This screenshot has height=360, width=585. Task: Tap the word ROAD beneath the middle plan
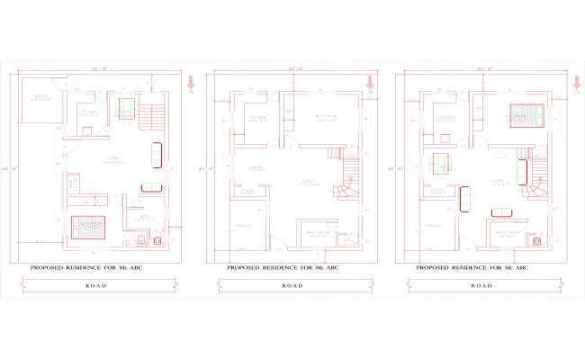click(292, 285)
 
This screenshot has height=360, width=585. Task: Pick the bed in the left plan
click(87, 225)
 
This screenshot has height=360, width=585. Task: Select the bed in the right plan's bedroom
click(524, 115)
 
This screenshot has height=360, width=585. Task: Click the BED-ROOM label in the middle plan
click(325, 117)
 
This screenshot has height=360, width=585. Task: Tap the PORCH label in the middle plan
click(243, 225)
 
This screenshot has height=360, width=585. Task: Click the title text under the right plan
click(472, 268)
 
